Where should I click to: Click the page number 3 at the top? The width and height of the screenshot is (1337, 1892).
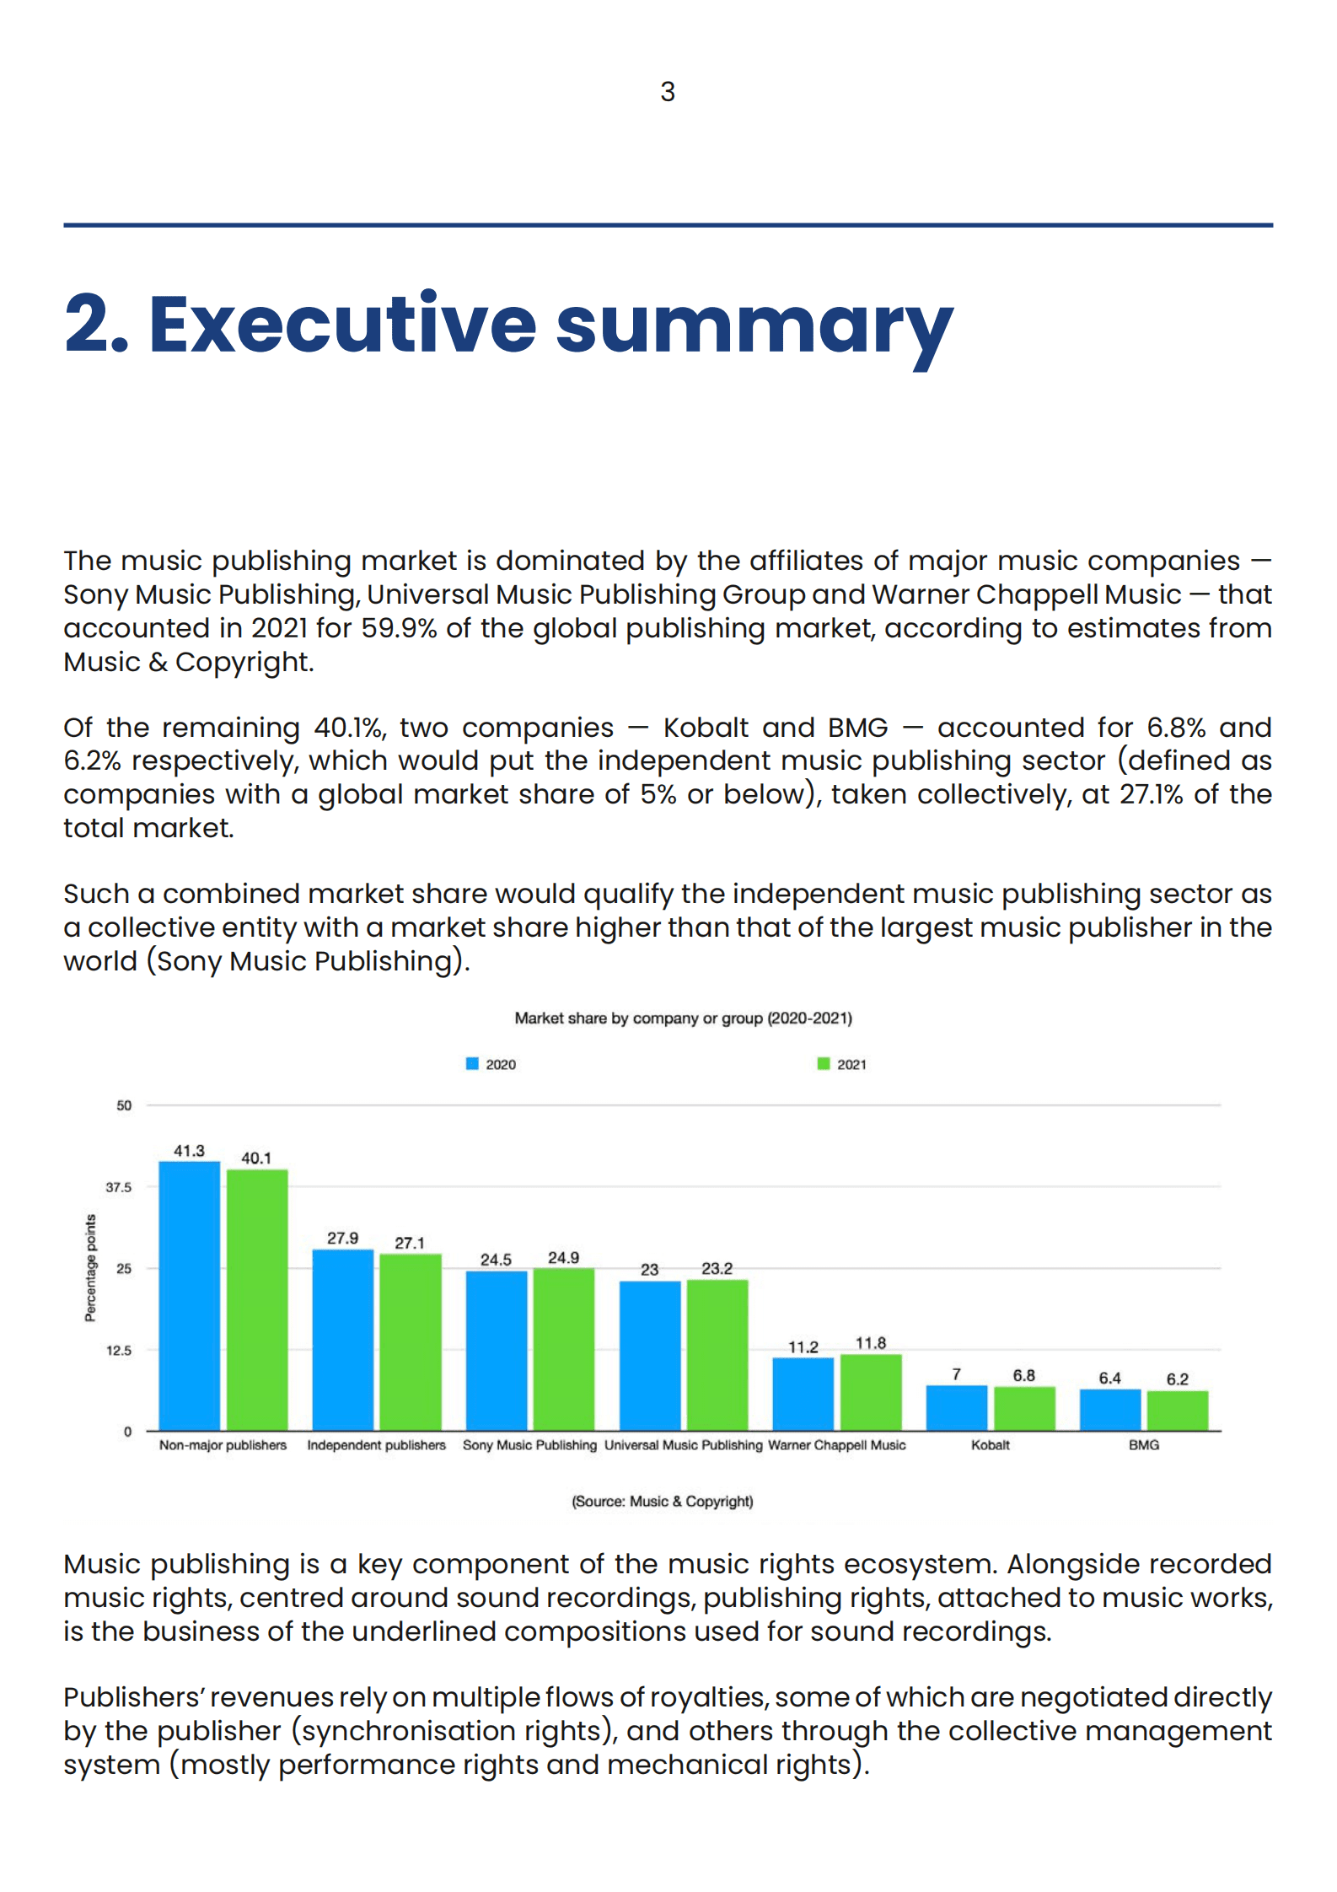[668, 91]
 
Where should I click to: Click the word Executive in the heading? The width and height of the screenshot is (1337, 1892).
[342, 325]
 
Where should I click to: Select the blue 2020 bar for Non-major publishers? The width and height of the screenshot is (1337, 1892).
[189, 1295]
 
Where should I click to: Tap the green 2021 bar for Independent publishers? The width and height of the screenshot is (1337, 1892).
[411, 1341]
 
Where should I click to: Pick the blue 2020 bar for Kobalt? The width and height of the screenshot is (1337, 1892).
[956, 1407]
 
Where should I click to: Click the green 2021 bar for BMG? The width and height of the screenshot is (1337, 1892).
[1177, 1410]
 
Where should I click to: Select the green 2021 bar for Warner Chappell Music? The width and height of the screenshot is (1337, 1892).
[871, 1392]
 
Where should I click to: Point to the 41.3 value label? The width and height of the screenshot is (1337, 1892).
[189, 1150]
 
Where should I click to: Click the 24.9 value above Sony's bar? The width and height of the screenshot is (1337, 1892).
[563, 1257]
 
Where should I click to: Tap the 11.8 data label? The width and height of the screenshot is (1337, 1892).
[871, 1342]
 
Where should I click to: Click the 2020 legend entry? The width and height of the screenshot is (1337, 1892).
[491, 1064]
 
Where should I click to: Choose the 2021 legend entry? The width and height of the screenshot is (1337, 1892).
[842, 1064]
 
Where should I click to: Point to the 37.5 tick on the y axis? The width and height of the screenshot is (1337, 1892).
[119, 1187]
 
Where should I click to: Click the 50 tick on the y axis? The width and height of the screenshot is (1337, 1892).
[124, 1105]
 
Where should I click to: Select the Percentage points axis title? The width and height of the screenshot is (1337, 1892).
[90, 1267]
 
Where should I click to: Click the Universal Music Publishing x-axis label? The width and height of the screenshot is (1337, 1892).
[683, 1444]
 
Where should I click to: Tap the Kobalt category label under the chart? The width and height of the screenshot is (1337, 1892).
[990, 1444]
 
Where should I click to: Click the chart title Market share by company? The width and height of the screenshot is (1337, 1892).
[683, 1018]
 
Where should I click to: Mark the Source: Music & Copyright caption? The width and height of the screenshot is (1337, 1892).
[663, 1501]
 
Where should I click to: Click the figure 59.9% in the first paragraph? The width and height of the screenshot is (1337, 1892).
[399, 628]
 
